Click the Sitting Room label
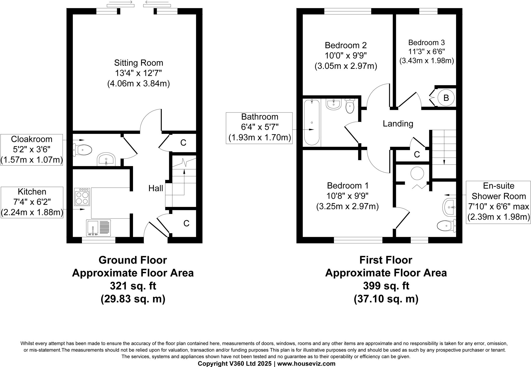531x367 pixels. point(138,63)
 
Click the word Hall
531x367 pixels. point(156,188)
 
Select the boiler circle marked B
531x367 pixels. point(446,98)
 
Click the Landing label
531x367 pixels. point(398,124)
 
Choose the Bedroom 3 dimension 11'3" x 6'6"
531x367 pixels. point(426,52)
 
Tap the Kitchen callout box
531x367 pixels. point(32,202)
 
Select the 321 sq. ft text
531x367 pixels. point(133,286)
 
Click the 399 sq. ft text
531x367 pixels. point(386,286)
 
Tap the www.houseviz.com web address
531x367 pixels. point(306,364)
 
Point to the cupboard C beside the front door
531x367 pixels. point(186,224)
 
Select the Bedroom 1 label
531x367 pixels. point(347,186)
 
